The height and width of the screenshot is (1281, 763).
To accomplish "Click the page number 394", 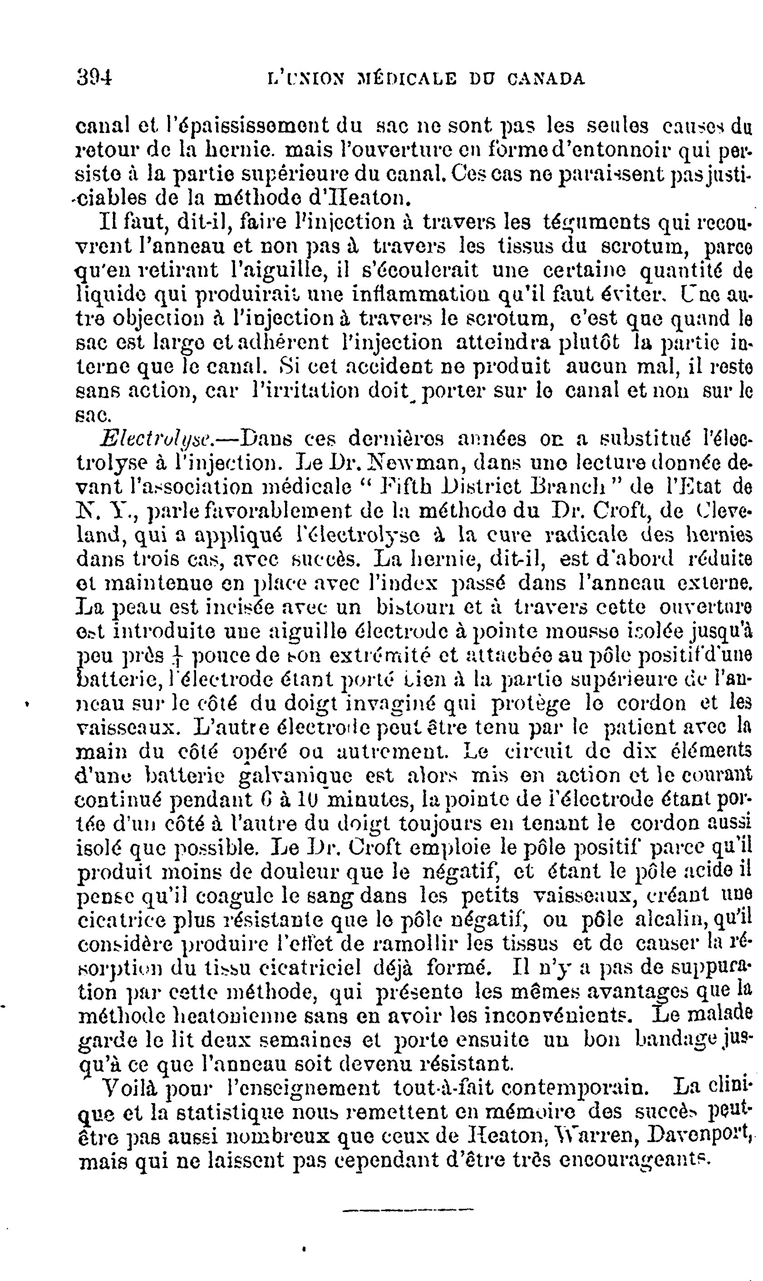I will click(x=94, y=78).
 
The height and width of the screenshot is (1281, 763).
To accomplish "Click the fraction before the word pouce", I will click(x=178, y=656).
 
